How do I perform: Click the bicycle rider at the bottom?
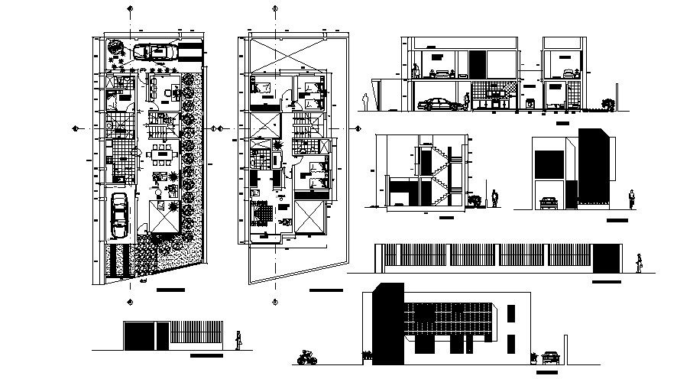(x=306, y=357)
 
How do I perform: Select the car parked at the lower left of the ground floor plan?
(x=120, y=216)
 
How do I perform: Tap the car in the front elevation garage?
(x=548, y=202)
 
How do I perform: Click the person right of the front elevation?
(x=631, y=200)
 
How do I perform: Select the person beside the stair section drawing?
(x=495, y=199)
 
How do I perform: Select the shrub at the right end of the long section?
(x=607, y=102)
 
